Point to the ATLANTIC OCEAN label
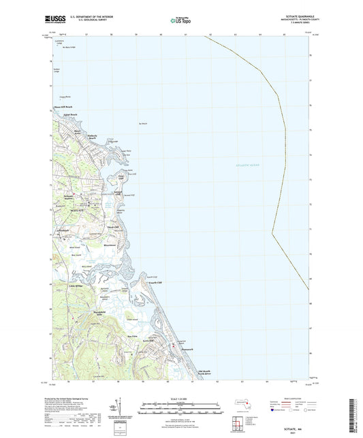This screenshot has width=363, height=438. pyautogui.click(x=236, y=165)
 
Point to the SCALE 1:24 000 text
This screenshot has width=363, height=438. pyautogui.click(x=181, y=398)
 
